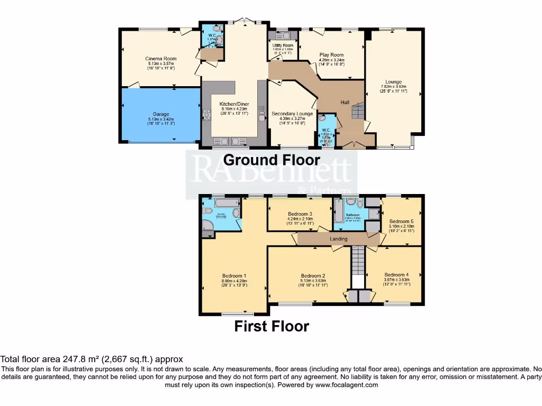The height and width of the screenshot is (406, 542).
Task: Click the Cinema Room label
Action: [161, 59]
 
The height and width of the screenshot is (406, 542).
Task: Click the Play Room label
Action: [331, 55]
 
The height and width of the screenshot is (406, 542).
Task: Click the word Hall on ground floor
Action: [345, 102]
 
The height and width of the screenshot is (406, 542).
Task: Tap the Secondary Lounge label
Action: [292, 114]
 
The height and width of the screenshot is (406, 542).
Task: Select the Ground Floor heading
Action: [272, 160]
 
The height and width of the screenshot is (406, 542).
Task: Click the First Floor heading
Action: [272, 326]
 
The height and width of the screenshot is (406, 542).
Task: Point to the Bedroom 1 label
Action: [234, 276]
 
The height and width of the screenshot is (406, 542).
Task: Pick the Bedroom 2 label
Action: [312, 276]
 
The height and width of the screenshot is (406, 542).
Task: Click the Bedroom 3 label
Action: [300, 214]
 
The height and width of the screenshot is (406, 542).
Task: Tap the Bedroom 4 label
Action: [396, 275]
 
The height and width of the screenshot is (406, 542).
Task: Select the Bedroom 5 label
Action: [401, 222]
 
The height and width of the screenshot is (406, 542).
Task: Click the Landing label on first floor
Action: [339, 239]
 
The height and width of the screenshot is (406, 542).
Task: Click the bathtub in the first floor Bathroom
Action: [338, 216]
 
